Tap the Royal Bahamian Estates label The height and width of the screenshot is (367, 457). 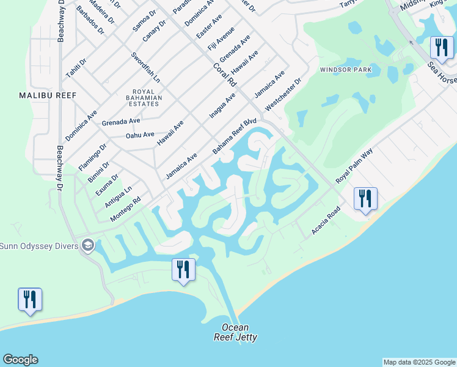[144, 97]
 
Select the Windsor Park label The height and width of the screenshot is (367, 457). [346, 70]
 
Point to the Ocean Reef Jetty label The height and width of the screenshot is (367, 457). [235, 332]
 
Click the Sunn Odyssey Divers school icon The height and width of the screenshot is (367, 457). [88, 245]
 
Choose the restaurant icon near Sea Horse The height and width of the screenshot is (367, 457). [441, 47]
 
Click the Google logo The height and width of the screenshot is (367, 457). [20, 360]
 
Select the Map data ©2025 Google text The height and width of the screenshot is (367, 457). [419, 362]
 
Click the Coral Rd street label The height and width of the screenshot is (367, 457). [224, 73]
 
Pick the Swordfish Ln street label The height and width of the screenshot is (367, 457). [145, 67]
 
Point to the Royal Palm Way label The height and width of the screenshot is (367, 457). [354, 165]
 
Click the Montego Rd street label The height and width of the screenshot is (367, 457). [126, 209]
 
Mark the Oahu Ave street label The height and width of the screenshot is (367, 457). [140, 135]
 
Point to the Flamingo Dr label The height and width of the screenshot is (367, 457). [92, 156]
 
